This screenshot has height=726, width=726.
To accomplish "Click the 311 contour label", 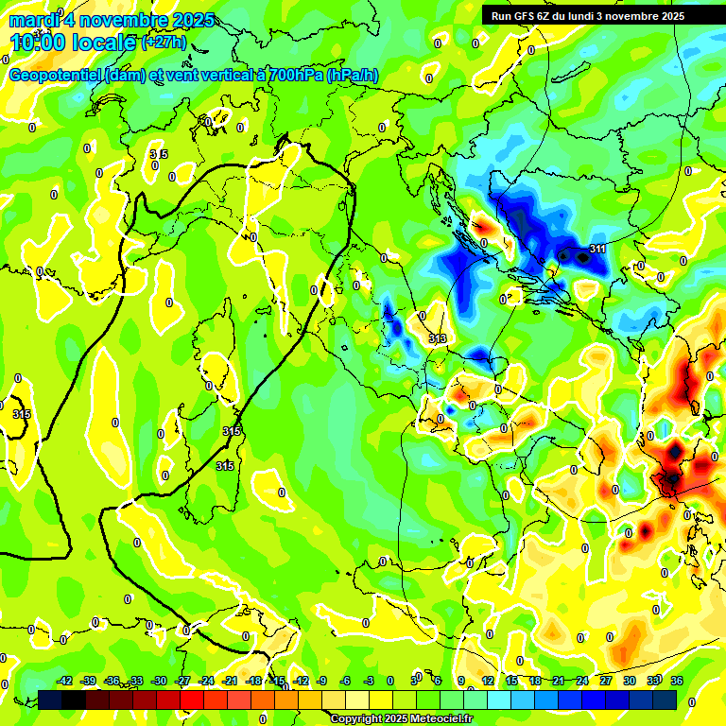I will (596, 249).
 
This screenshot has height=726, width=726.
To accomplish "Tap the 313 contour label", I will (437, 338).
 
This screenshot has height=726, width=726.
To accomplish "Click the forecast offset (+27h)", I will (164, 43).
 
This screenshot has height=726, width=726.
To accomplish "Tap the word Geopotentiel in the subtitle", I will (54, 76).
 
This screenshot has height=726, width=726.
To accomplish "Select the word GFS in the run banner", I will (527, 16).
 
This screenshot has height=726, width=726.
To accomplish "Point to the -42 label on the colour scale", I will (64, 681).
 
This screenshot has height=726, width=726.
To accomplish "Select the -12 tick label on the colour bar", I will (301, 681).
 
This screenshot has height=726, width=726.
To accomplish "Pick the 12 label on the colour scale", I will (487, 681).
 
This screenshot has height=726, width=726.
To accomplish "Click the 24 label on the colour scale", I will (582, 681).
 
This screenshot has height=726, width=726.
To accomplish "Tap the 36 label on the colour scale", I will (677, 681).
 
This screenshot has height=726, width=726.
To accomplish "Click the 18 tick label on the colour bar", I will (534, 681).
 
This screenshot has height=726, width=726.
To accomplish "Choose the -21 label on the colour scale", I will (230, 681).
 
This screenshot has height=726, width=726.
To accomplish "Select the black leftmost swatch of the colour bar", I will (50, 700).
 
